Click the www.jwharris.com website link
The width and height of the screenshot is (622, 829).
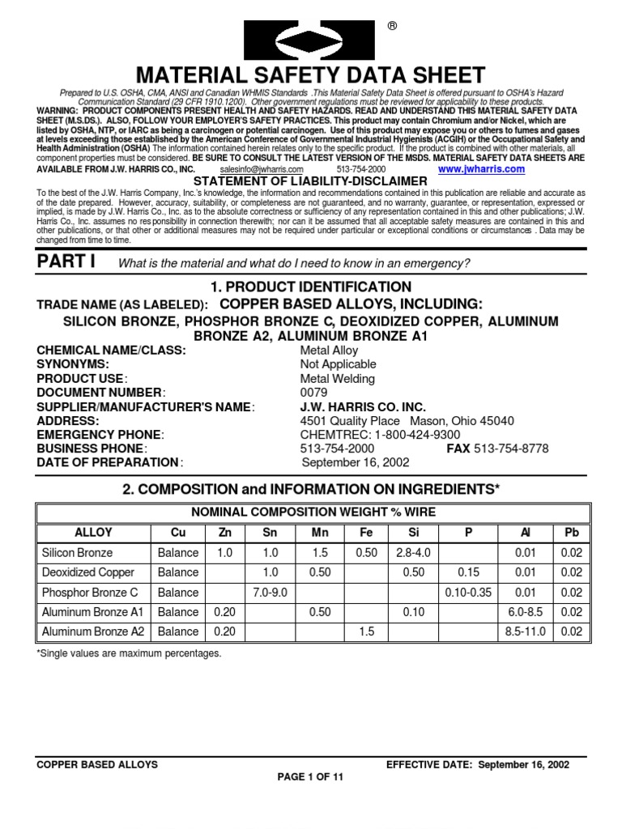click(482, 170)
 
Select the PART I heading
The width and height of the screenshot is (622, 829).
click(66, 262)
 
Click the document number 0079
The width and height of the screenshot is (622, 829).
click(313, 393)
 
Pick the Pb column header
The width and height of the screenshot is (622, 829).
click(572, 533)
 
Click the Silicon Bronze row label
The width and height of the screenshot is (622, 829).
click(77, 553)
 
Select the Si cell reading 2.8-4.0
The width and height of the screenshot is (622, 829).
click(414, 553)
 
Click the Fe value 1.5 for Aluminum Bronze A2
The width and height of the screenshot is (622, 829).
click(366, 631)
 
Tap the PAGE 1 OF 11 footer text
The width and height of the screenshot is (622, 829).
click(310, 776)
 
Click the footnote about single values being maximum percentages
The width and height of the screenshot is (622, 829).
click(129, 653)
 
